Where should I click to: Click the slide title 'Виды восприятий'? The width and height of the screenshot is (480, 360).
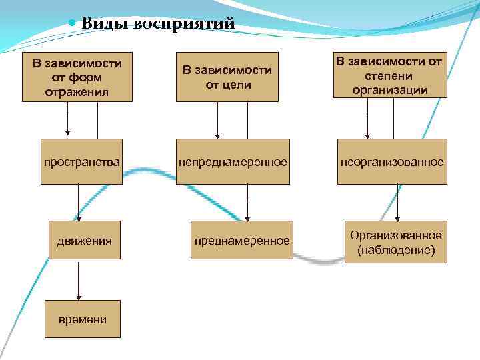158,23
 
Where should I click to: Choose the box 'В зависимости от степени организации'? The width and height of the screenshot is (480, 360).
390,76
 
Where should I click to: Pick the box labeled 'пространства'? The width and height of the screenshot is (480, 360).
81,161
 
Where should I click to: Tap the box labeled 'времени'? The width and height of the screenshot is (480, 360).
79,319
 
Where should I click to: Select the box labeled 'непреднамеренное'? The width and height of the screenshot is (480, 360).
233,161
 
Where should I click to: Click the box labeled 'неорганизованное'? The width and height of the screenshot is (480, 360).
392,161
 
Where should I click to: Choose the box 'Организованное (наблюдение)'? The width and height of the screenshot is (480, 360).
396,243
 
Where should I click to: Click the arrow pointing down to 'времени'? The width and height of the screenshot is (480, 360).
79,280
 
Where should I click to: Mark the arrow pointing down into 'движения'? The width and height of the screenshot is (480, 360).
79,203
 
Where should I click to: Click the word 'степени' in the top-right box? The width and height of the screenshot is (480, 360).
390,76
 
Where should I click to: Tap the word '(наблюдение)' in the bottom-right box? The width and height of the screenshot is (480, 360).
396,251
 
